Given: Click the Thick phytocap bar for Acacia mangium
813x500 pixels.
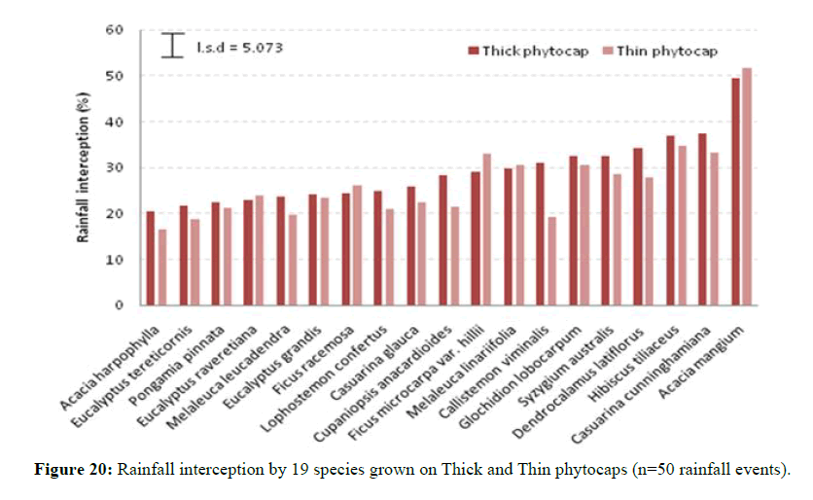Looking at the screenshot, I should tap(735, 192).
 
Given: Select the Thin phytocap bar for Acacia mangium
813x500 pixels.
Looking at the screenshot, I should tap(747, 186).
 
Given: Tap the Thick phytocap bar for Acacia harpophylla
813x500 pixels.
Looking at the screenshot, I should tap(151, 258).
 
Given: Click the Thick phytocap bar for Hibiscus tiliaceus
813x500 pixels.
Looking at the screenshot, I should tap(670, 220).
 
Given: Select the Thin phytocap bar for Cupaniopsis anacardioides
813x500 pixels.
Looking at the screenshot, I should tap(454, 256).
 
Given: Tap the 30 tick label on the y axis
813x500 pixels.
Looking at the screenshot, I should tap(115, 168).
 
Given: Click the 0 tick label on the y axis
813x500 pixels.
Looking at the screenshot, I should tap(119, 305).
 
